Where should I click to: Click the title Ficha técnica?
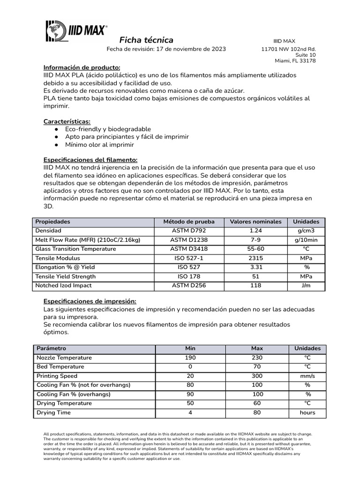click(146, 40)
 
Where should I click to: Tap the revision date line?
click(166, 49)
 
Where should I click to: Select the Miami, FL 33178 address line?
click(295, 61)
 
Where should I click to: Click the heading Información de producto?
click(82, 67)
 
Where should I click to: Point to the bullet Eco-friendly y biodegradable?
click(108, 129)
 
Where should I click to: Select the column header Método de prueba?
click(189, 222)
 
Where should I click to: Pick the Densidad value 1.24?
click(255, 231)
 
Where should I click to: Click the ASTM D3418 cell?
click(189, 249)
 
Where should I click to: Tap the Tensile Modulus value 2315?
click(255, 258)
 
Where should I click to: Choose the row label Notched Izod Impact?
click(64, 285)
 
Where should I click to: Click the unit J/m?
click(306, 285)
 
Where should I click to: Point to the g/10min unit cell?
click(306, 240)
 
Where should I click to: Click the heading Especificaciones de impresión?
click(90, 301)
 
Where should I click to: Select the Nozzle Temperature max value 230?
click(257, 358)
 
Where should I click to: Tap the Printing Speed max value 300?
click(257, 376)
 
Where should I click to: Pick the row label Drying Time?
click(54, 412)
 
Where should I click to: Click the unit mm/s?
click(307, 376)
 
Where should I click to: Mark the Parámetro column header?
click(52, 349)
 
